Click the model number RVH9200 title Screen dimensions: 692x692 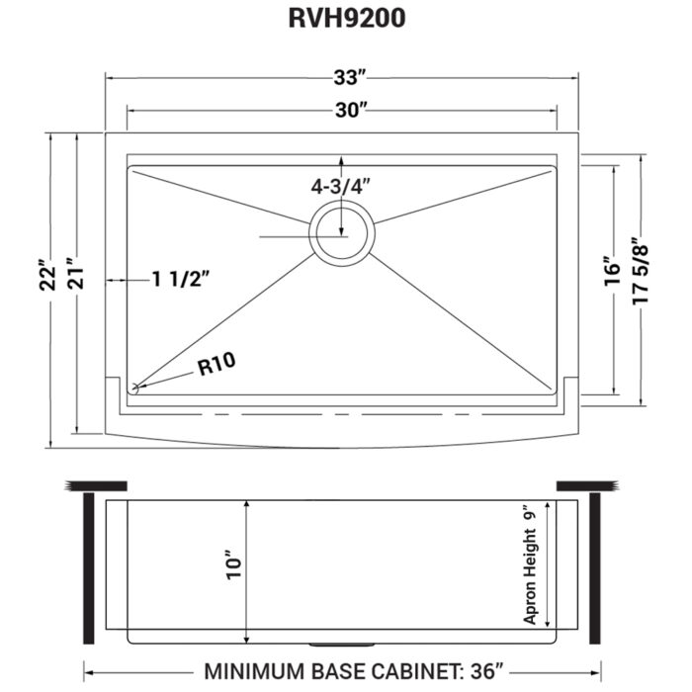pos(345,19)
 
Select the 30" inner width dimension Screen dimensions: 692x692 pos(345,111)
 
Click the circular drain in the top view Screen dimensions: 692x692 pos(342,234)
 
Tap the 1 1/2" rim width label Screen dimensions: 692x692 pos(181,281)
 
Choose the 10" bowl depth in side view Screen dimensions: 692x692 pos(233,564)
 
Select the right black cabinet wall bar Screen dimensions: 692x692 pos(596,567)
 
